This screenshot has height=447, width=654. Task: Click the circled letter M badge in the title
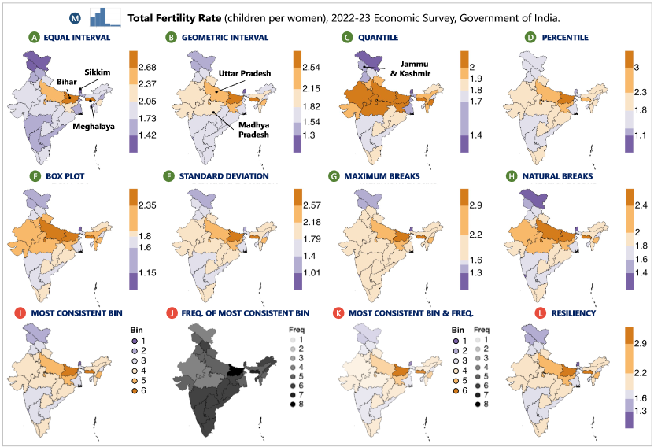pos(75,17)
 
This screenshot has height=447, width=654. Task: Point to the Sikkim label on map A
pos(98,72)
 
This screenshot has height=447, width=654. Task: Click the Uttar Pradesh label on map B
pos(245,73)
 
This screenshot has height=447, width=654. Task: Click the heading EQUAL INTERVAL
pos(76,37)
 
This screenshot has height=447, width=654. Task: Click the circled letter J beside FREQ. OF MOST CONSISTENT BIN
pos(171,314)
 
